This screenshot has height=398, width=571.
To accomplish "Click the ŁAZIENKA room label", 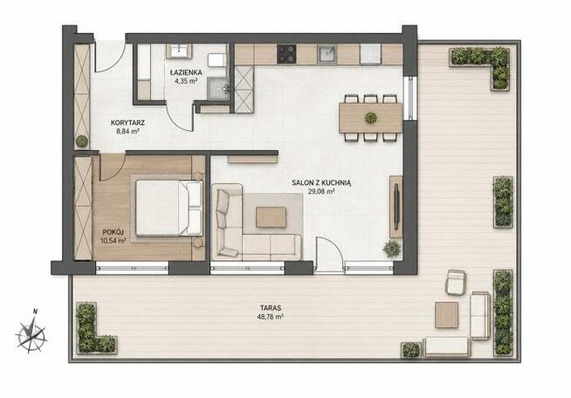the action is tap(186, 72).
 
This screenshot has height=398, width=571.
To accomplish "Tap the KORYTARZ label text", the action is tap(127, 123).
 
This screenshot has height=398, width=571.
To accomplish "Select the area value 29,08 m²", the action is tap(321, 191).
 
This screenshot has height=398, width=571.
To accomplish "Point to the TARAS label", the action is tap(271, 308).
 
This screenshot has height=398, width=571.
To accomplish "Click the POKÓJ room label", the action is tap(114, 231).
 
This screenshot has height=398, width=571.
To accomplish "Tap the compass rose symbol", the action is tap(31, 333).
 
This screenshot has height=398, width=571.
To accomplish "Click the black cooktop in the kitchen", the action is tap(286, 54).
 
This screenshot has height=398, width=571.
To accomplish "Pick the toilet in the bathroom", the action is tap(217, 60).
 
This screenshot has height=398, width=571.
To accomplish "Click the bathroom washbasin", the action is tap(179, 51).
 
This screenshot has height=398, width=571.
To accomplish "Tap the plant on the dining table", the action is tap(371, 118).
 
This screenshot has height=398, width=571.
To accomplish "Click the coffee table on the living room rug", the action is tap(271, 217).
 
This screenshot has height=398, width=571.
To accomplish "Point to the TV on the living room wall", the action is tap(396, 207).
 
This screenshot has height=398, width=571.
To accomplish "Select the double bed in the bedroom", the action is tap(169, 208).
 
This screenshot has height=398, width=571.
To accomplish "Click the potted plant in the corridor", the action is tap(82, 141).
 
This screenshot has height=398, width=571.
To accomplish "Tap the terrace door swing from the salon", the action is tap(329, 255).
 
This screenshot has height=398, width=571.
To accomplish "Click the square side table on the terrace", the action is tap(446, 315).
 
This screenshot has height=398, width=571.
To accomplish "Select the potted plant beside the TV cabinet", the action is tap(392, 249).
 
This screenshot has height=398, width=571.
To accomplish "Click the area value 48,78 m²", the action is tap(271, 317).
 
